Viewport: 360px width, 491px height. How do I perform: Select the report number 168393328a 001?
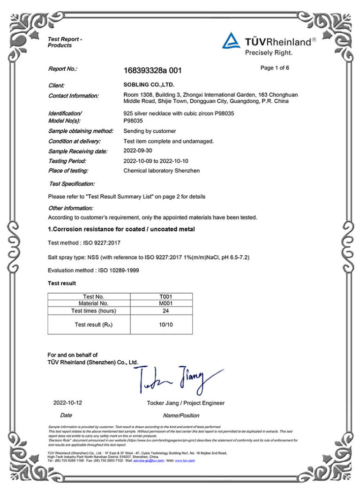152,71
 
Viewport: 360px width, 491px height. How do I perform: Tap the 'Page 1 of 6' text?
274,68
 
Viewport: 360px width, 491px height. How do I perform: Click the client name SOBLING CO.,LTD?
149,85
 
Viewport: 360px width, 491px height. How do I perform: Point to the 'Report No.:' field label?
62,69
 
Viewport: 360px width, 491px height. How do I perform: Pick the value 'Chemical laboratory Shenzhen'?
161,171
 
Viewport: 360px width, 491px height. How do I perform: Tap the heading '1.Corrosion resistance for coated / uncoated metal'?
121,229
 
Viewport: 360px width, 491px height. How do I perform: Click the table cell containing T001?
162,296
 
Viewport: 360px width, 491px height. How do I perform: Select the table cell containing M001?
162,303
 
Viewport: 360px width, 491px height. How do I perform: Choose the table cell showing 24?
162,310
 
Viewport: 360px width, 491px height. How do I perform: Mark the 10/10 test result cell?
162,325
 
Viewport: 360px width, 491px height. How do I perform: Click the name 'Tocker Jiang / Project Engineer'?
186,403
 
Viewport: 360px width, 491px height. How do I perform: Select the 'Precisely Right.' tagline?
269,53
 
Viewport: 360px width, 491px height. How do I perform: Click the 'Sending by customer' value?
150,131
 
